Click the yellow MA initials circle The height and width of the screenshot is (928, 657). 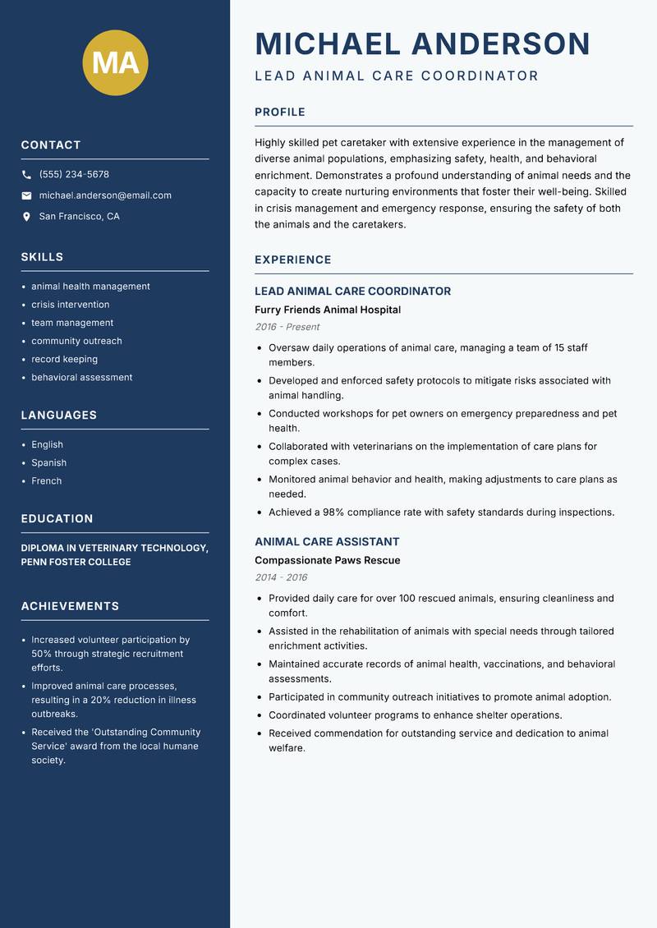(115, 62)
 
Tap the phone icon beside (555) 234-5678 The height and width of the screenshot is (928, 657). (26, 175)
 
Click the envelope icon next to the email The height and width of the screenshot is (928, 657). (26, 195)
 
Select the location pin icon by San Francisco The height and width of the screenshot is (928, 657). (26, 217)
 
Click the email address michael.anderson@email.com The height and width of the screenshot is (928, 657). (105, 195)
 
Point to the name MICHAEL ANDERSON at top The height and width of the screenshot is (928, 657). (422, 44)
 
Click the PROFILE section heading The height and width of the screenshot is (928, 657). (280, 113)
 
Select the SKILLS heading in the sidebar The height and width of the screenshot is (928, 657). (42, 257)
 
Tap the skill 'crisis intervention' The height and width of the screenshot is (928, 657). (71, 305)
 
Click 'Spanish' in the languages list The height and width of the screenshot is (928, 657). (48, 462)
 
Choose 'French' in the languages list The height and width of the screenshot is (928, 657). (46, 480)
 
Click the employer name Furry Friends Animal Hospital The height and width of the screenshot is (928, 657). (328, 310)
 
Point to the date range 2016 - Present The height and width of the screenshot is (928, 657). (287, 327)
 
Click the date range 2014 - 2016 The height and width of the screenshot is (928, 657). (281, 577)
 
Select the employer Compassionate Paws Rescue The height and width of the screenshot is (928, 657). (327, 560)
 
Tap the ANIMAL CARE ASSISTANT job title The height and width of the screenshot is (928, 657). (327, 542)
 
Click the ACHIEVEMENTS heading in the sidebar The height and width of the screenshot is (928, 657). (70, 606)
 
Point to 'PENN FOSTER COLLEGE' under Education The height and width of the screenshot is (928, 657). (76, 563)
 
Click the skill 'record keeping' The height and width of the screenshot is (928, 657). (64, 359)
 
